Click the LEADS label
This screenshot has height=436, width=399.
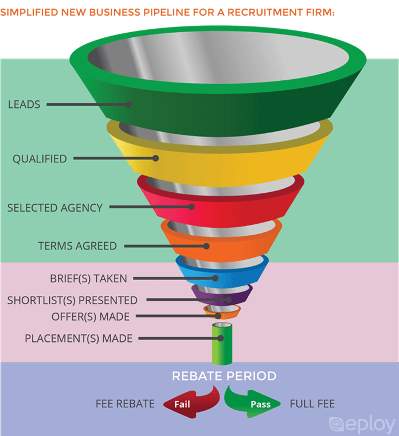[24, 105]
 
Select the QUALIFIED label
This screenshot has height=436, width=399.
[40, 158]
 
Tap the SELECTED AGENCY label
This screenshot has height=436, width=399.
[54, 208]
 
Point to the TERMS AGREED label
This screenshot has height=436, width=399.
[77, 246]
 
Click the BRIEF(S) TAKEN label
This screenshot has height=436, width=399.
[88, 279]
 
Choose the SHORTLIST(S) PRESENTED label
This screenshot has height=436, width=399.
[72, 300]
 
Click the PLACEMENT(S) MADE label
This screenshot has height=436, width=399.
[79, 338]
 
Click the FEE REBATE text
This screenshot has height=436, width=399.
[125, 404]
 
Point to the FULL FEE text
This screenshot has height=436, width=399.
[312, 404]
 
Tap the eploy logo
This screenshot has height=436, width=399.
[362, 424]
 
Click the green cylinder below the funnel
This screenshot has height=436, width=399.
[221, 344]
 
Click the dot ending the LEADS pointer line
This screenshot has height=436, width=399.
[130, 105]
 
